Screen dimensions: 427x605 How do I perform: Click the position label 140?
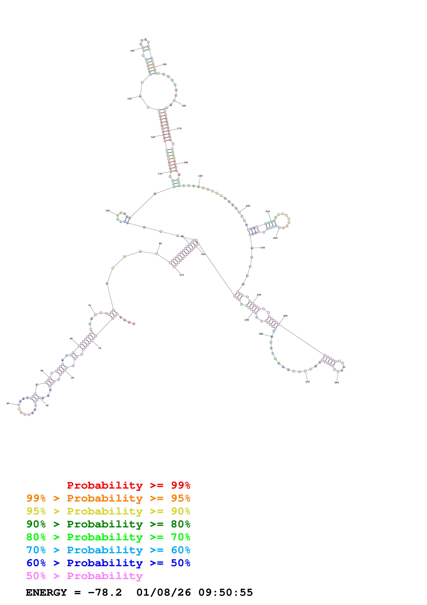[x=132, y=51]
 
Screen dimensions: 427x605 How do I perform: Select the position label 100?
[x=108, y=211]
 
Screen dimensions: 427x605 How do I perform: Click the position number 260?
[x=337, y=382]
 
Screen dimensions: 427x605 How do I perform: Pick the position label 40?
[x=8, y=403]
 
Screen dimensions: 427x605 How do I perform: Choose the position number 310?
[x=182, y=275]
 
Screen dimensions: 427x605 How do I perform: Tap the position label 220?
[x=275, y=238]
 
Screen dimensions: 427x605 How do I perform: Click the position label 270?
[x=308, y=382]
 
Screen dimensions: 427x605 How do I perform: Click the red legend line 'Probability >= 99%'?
[x=128, y=485]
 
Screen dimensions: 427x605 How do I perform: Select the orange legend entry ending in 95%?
[x=108, y=498]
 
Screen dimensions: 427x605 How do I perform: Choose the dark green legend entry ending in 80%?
[x=108, y=524]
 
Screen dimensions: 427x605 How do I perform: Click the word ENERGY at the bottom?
[x=46, y=592]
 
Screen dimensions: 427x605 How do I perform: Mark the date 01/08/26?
[x=163, y=592]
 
